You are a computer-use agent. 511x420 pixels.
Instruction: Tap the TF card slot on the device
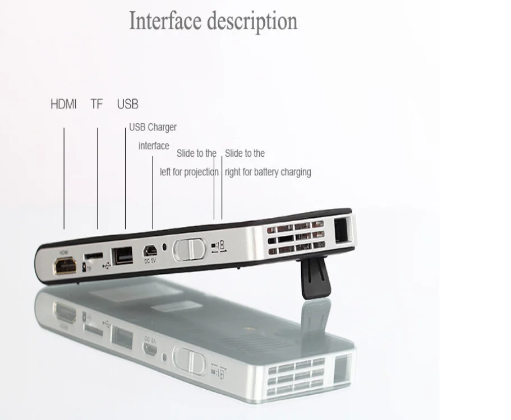94,256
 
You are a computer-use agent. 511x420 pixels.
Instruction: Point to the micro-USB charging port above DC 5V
150,250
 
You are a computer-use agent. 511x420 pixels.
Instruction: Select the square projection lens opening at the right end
342,231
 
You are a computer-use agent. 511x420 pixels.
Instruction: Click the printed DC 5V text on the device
150,259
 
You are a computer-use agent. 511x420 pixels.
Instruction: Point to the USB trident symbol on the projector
108,265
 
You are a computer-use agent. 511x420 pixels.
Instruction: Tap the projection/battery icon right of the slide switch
218,246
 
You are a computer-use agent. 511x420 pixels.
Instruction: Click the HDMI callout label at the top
63,104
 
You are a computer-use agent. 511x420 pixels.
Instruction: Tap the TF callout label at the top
96,104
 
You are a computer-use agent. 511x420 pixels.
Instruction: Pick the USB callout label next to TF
127,104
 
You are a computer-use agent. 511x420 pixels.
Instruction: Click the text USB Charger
153,127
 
